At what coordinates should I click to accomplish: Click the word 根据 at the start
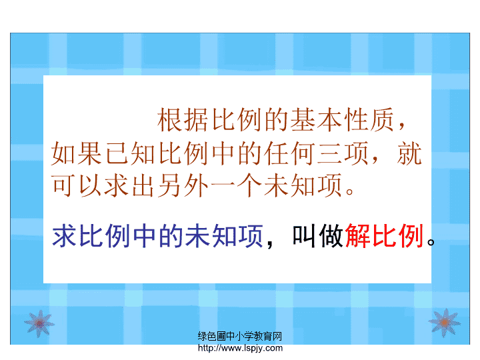183,120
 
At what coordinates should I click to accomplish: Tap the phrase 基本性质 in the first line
342,120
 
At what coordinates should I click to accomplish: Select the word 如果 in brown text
77,153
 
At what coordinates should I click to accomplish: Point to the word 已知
130,153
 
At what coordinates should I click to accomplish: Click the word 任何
289,153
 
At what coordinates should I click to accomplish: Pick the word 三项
342,153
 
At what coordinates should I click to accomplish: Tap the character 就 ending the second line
409,153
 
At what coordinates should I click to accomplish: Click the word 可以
77,185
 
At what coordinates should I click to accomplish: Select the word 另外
183,185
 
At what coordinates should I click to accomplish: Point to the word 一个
236,185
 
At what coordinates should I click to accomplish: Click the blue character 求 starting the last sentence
64,235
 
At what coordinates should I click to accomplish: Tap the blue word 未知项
224,235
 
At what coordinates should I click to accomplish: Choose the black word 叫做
317,235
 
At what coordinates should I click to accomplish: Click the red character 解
357,235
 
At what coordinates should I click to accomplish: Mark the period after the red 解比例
431,242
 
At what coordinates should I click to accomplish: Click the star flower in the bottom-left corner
39,323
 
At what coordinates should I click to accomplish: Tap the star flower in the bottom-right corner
445,323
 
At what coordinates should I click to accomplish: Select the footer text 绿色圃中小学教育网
240,336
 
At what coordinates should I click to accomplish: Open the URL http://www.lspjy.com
240,348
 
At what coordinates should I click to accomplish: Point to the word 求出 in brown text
130,185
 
